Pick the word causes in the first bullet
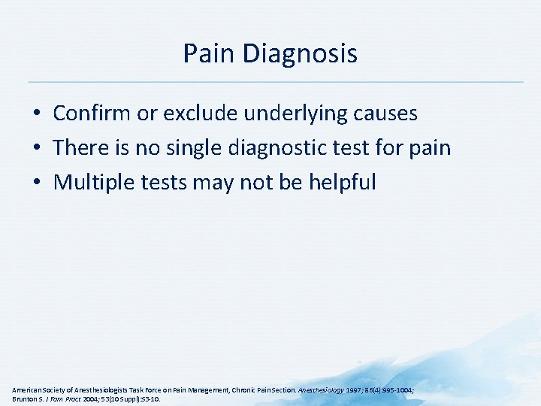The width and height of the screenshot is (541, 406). click(385, 114)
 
